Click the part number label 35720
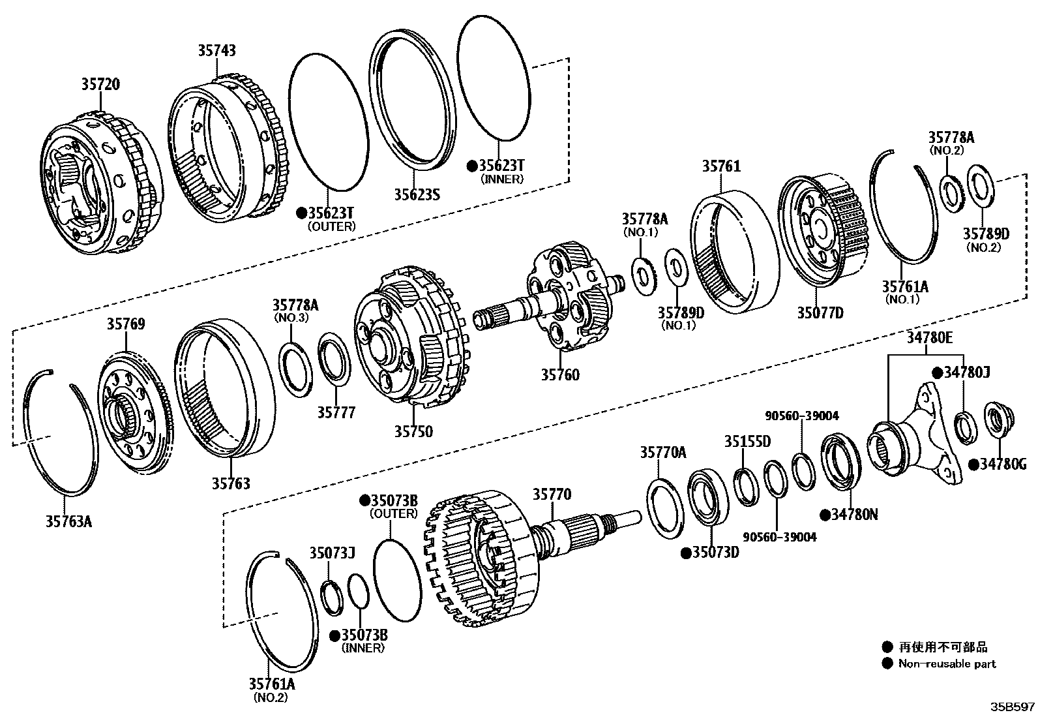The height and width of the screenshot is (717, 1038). coord(100,84)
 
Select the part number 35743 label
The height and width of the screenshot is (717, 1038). coord(217,50)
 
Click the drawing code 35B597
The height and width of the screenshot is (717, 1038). coord(1013,707)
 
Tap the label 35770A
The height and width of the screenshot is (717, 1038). coord(662,451)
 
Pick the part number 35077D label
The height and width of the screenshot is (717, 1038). coord(820,313)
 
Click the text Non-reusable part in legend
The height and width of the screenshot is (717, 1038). coord(947,664)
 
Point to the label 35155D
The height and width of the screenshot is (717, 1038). coord(747,442)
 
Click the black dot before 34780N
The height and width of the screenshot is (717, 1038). coord(825,514)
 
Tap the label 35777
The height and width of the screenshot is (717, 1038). coord(336,412)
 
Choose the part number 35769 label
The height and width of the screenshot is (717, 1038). coord(126,324)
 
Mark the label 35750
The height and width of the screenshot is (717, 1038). coord(413,431)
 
